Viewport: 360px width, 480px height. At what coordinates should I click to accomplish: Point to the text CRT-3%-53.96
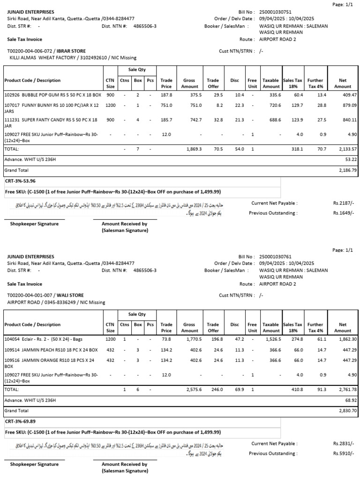point(20,180)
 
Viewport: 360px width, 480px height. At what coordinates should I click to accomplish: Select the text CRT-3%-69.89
point(20,421)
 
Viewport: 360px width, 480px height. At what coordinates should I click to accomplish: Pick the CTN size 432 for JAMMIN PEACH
point(110,349)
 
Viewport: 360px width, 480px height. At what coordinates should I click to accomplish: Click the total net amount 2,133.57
point(345,149)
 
